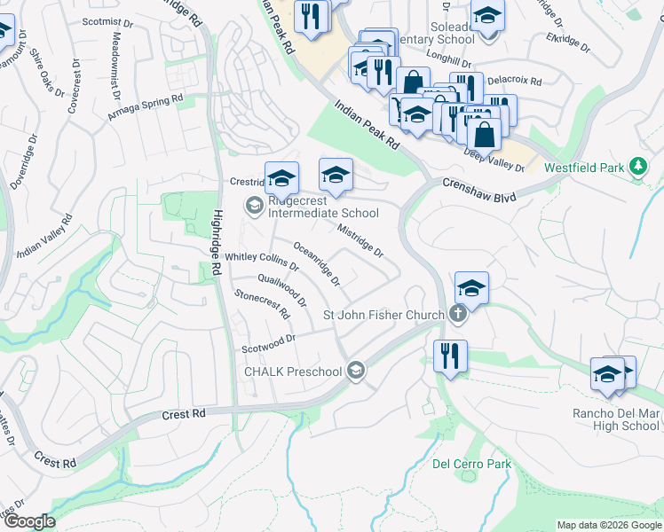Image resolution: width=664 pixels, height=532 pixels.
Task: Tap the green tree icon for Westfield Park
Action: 636,167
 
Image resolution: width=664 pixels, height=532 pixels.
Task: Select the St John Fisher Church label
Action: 383,314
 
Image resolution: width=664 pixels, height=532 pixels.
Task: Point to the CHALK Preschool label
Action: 294,370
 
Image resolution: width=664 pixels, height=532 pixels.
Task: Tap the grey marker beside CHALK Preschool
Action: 356,370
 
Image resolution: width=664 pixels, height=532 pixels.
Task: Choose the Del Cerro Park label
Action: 459,464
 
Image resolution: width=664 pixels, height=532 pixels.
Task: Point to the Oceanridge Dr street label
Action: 317,264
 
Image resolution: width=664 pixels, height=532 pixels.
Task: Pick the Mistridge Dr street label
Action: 360,239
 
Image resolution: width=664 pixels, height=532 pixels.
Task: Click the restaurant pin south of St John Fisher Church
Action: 450,356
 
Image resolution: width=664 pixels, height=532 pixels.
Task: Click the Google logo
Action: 28,521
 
